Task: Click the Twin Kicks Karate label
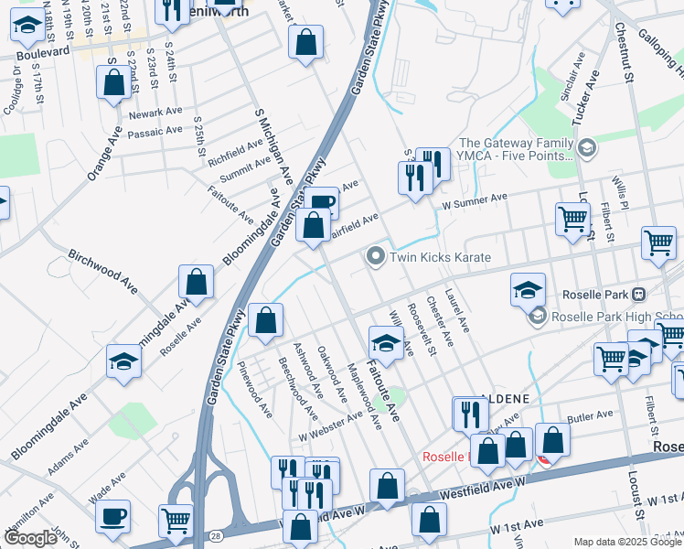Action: tap(441, 258)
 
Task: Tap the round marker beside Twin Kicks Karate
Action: tap(375, 257)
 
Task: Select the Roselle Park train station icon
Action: tap(639, 295)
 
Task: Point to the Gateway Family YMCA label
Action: tap(516, 149)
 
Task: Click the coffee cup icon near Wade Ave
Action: tap(112, 516)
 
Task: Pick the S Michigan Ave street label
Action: tap(273, 144)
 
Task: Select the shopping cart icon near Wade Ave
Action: tap(176, 521)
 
